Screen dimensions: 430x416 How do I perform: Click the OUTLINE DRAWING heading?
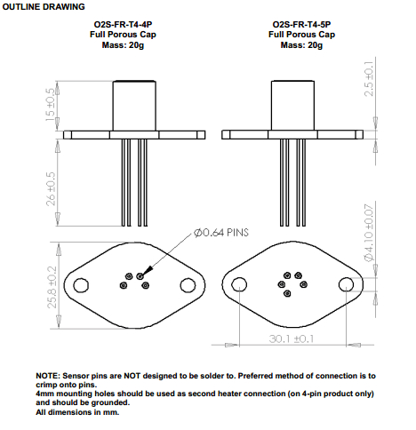coord(44,7)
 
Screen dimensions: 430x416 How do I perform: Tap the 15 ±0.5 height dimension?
coord(50,106)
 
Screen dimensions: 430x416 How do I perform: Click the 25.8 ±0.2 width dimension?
coord(50,285)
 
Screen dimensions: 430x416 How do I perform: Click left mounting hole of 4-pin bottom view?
coord(82,285)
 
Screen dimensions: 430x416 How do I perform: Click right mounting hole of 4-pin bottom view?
coord(188,285)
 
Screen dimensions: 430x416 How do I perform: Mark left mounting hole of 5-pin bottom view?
coord(239,285)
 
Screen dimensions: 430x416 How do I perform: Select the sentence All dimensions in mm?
coord(77,411)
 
